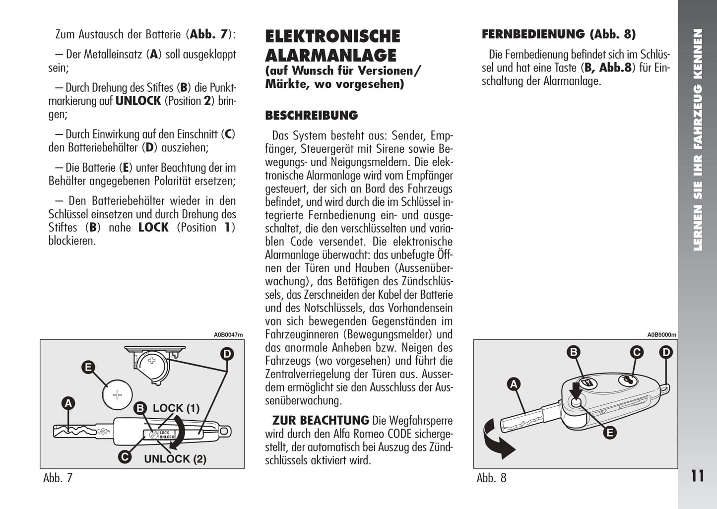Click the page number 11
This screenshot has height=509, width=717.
click(697, 476)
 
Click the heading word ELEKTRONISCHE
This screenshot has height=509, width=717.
click(332, 36)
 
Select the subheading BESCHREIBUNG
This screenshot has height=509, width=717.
click(311, 115)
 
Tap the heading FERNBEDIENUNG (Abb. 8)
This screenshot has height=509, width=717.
click(558, 34)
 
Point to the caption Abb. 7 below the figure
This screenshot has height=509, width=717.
click(58, 478)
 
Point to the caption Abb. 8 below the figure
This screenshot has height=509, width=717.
click(491, 478)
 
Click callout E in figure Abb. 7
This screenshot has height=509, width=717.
click(88, 367)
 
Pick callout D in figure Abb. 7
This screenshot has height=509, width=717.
click(227, 354)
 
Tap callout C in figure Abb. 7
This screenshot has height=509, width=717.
click(125, 456)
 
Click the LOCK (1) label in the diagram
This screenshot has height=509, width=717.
click(176, 408)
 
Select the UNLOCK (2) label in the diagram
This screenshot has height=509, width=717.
click(175, 459)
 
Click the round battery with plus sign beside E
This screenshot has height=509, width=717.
click(117, 395)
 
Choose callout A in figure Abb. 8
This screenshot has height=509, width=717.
click(514, 384)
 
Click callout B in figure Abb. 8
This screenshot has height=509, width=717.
click(574, 352)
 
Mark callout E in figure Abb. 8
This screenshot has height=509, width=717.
click(609, 433)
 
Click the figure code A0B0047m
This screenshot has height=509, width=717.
click(228, 335)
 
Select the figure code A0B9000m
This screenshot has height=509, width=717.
click(661, 335)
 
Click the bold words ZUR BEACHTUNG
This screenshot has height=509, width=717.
click(321, 421)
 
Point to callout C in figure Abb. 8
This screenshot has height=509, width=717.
click(636, 352)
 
